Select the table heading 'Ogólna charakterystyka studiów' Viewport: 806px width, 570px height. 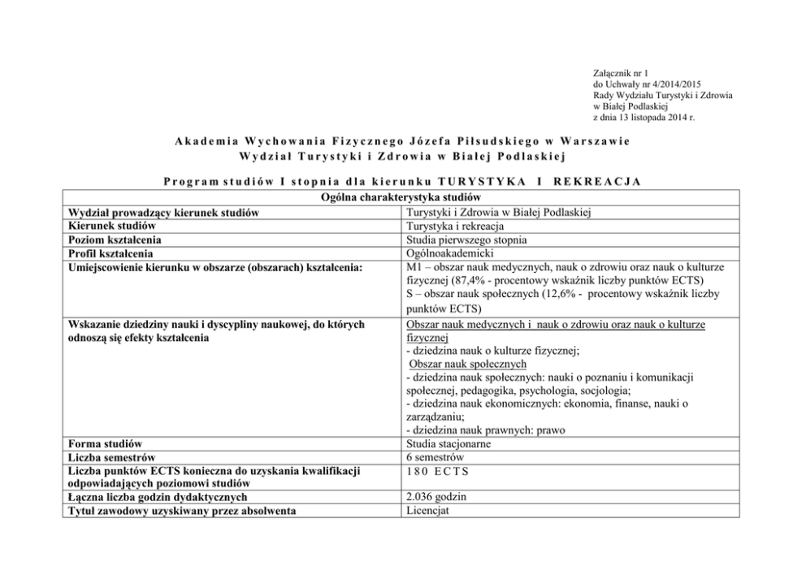(x=402, y=198)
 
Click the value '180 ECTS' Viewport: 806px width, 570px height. (x=436, y=472)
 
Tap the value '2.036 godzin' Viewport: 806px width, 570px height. (x=437, y=497)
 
